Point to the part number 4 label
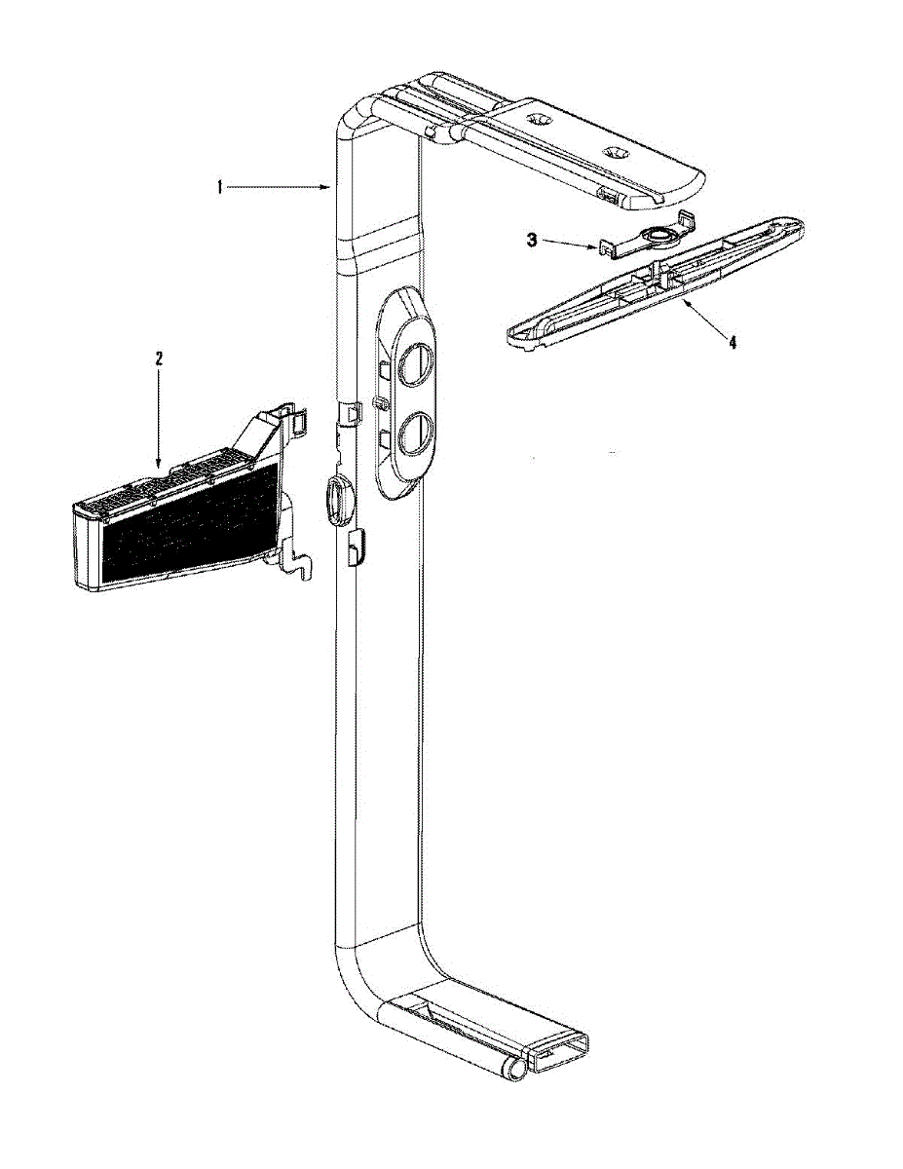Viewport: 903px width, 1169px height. [x=732, y=341]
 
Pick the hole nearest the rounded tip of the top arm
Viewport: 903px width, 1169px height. [x=614, y=153]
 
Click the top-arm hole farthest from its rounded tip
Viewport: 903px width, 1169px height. [x=538, y=117]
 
